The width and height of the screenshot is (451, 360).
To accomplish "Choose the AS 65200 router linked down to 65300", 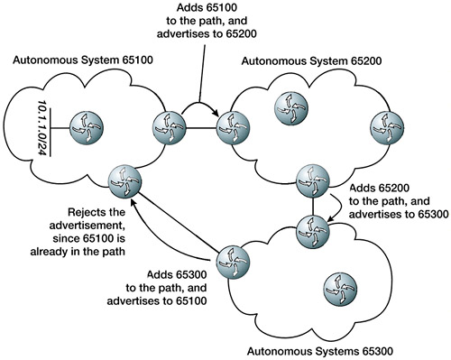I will point(312,180).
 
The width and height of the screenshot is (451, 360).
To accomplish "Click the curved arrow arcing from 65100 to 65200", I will point(199,104).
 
